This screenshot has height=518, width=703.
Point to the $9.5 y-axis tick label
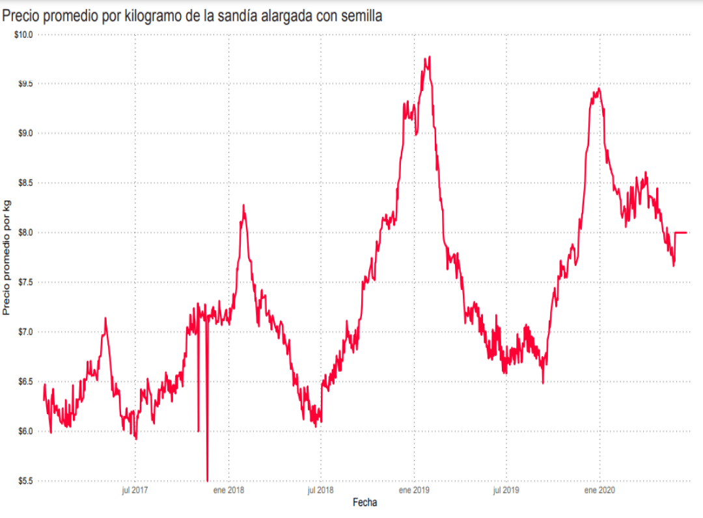click(25, 84)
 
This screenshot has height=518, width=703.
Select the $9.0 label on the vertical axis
click(25, 133)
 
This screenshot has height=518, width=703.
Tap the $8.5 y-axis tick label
click(25, 183)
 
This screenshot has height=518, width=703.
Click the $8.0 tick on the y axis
click(25, 233)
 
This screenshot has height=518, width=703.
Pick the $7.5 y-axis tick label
click(25, 282)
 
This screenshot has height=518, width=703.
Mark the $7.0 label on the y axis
click(25, 332)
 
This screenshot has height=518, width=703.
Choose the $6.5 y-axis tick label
click(25, 382)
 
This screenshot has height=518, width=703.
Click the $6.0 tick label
click(25, 432)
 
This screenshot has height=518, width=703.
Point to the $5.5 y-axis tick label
click(25, 481)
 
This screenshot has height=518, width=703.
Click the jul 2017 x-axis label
click(135, 491)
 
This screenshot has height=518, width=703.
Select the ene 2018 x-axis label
click(228, 491)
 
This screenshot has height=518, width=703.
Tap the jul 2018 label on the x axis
click(321, 491)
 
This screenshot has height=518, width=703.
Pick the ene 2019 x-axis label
click(414, 491)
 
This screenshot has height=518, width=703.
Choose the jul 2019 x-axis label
click(506, 491)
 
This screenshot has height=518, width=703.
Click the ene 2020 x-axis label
click(600, 491)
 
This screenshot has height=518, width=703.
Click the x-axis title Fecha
click(365, 502)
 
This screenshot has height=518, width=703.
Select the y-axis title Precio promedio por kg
click(7, 257)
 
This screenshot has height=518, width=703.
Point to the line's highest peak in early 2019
click(430, 57)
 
